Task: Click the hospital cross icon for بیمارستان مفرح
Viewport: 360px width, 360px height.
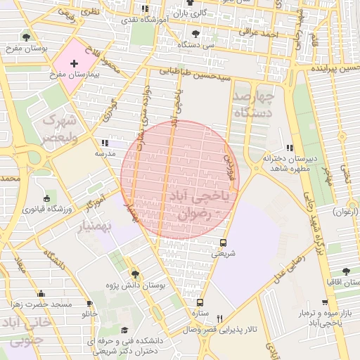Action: pos(74,63)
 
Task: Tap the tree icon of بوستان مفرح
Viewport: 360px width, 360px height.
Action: pos(26,37)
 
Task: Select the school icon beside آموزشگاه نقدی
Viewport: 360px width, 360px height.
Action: pos(144,9)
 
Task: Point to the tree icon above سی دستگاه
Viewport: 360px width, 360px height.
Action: pos(195,33)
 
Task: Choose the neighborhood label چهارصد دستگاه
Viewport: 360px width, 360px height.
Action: pos(253,103)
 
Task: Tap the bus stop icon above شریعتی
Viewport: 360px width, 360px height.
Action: pos(223,243)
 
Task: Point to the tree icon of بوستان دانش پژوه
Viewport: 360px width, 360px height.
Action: pos(135,274)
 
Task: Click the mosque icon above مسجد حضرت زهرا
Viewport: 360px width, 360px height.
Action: pos(41,294)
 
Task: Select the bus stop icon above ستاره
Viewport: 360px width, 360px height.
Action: pos(200,302)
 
